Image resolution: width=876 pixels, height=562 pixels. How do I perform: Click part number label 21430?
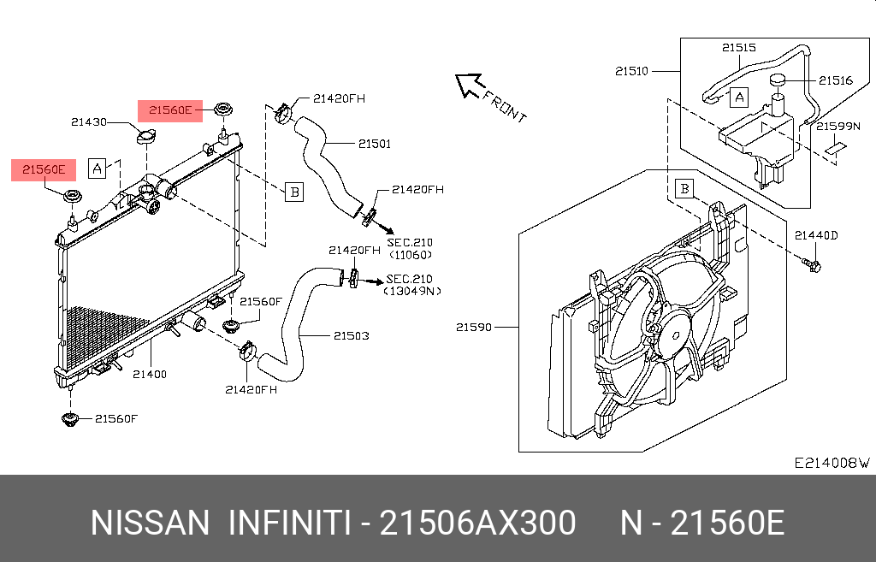click(88, 122)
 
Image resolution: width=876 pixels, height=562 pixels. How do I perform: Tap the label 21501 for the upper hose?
click(374, 144)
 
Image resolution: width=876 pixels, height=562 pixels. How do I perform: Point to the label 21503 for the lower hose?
click(352, 336)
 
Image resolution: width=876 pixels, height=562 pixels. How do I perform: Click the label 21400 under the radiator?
click(150, 374)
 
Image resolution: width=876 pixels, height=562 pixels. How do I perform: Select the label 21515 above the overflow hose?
click(738, 49)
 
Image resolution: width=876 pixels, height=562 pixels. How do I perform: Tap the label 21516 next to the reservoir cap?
click(835, 80)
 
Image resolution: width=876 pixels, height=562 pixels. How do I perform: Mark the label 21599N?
click(836, 126)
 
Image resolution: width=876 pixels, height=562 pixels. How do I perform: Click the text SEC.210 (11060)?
click(410, 249)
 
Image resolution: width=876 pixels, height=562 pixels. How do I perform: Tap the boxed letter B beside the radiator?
click(293, 192)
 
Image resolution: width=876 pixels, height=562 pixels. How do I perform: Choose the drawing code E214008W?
click(831, 463)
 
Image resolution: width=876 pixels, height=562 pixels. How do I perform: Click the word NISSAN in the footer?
click(149, 523)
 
